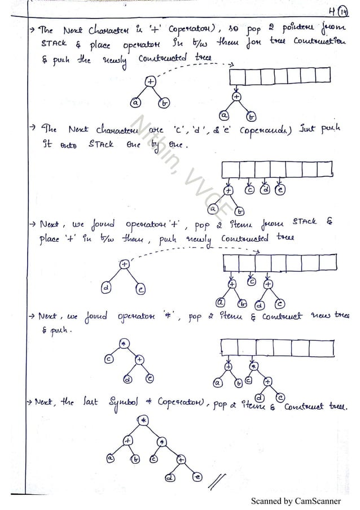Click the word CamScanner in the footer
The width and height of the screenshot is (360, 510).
pos(318,501)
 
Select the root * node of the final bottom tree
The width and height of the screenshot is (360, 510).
pos(143,420)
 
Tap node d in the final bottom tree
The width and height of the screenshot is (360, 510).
pos(168,478)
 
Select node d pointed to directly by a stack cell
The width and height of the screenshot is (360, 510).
pos(265,190)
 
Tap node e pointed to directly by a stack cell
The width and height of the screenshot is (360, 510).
pos(280,190)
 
